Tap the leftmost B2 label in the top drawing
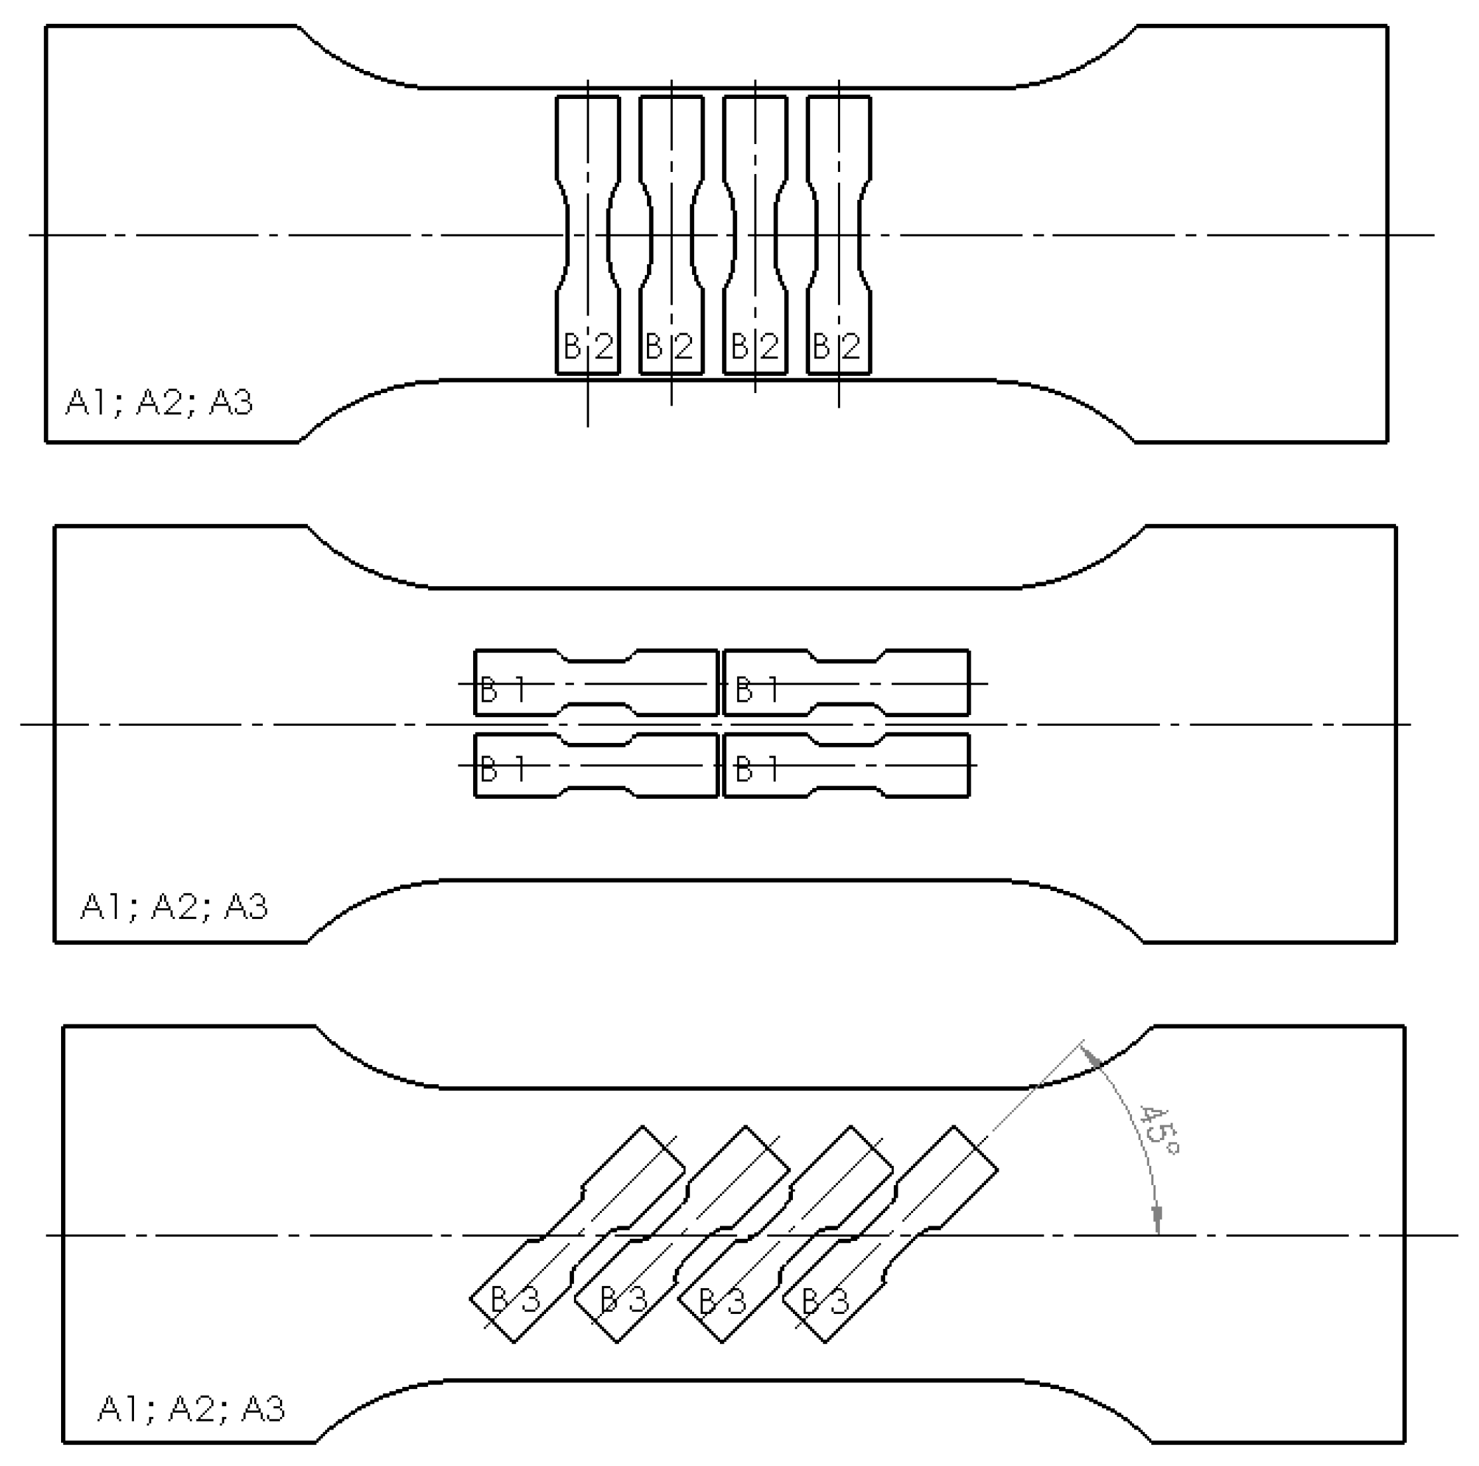[588, 347]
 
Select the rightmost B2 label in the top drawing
[837, 347]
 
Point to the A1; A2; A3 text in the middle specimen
[175, 907]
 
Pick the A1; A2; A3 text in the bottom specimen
[191, 1408]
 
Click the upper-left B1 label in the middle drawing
[502, 690]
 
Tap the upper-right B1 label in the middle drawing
[756, 690]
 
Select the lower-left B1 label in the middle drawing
[502, 768]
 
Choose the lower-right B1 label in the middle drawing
[756, 768]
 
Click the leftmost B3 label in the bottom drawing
[514, 1299]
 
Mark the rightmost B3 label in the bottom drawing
[825, 1301]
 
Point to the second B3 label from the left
[623, 1299]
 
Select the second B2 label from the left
[670, 347]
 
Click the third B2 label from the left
[755, 347]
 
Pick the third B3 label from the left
[722, 1301]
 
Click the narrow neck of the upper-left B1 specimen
[598, 683]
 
